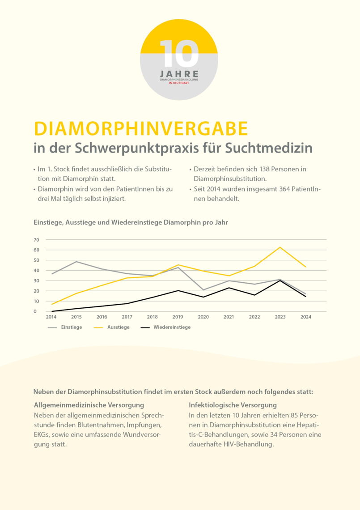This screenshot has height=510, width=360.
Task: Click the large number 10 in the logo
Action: coord(179,54)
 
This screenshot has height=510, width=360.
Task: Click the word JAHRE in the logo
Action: coord(179,74)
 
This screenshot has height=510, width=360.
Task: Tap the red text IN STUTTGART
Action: coord(179,83)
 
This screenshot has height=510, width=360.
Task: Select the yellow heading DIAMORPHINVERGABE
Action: coord(141,129)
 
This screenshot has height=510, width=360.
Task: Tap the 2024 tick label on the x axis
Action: coord(306,317)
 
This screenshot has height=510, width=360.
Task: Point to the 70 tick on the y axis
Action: coord(36,240)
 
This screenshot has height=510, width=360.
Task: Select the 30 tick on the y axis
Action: coord(36,280)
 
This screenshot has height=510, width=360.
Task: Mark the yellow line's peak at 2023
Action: coord(280,247)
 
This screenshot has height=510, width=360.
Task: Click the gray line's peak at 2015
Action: coord(76,262)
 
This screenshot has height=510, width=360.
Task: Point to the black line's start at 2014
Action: coord(52,311)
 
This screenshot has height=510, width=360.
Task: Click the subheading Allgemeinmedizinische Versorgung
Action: coord(89,405)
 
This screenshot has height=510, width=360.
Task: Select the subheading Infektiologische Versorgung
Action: coord(233,405)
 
